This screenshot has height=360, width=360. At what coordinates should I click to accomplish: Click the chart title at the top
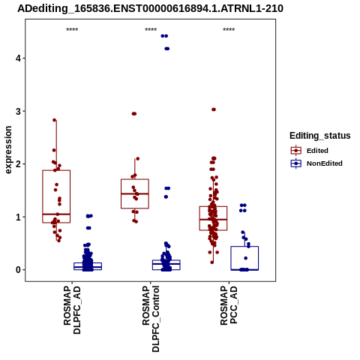coord(150,8)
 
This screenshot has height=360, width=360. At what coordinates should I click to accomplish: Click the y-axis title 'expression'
coord(8,150)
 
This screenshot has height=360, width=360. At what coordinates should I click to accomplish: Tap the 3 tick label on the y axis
coord(18,111)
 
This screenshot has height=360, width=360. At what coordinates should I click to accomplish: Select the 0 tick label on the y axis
coord(18,270)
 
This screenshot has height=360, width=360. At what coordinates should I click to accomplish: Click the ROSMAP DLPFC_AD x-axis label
coord(72,310)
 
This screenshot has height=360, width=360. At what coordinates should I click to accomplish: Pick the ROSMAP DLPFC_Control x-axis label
coord(151,319)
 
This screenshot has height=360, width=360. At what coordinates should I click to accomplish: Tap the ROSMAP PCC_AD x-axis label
coord(229,305)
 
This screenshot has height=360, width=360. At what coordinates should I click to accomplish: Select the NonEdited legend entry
coord(316,163)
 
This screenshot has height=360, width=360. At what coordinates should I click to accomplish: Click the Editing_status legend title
coord(320,136)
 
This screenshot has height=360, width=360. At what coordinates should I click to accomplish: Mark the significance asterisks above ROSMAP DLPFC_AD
coord(72,30)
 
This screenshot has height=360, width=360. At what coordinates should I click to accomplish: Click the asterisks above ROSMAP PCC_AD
coord(229,30)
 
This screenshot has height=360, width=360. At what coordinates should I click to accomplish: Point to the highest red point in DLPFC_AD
coord(55,120)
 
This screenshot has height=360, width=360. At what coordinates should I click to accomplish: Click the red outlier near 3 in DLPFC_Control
coord(134,114)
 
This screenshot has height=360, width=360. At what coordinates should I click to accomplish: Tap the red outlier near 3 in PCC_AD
coord(214,109)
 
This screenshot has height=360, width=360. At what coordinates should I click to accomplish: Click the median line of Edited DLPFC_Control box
coord(135,193)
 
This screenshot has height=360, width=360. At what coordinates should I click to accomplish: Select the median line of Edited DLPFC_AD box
coord(56,214)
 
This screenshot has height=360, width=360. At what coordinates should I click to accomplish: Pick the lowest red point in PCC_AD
coord(212,262)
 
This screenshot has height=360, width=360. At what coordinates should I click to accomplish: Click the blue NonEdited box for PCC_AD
coord(244,247)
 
